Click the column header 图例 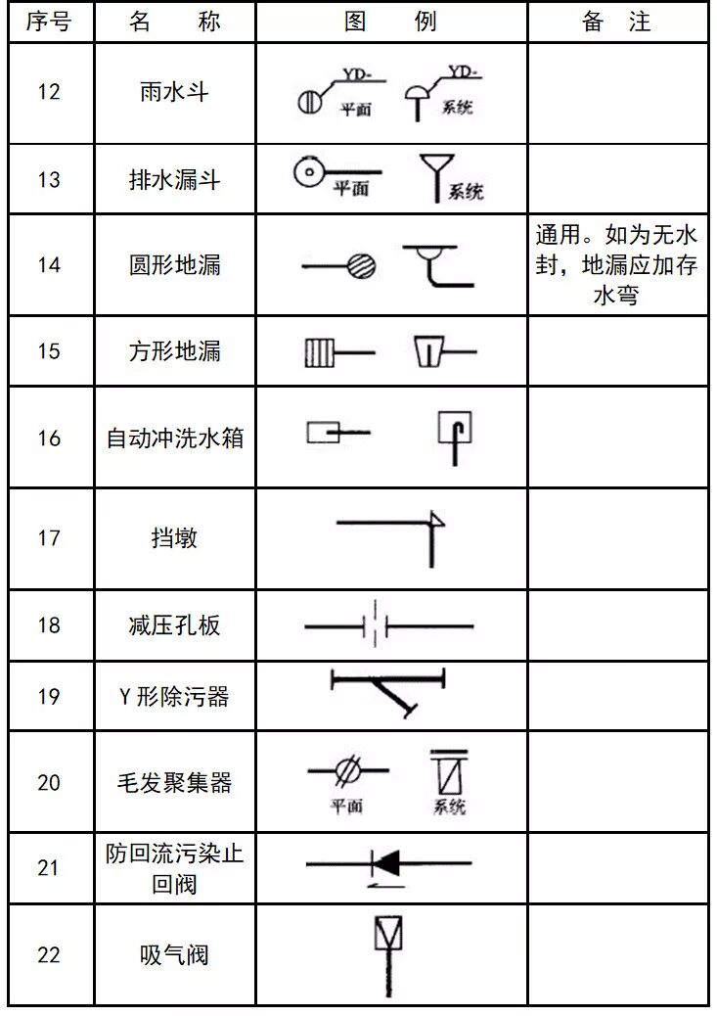point(390,23)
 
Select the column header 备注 point(616,23)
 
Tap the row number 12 point(49,92)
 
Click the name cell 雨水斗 point(175,92)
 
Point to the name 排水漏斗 point(175,180)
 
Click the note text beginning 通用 point(616,265)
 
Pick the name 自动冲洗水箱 point(175,438)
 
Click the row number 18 point(49,625)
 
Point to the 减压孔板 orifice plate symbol point(377,625)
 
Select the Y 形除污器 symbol point(388,691)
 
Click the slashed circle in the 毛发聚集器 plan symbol point(345,771)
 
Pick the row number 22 point(49,955)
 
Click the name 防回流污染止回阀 point(175,868)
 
